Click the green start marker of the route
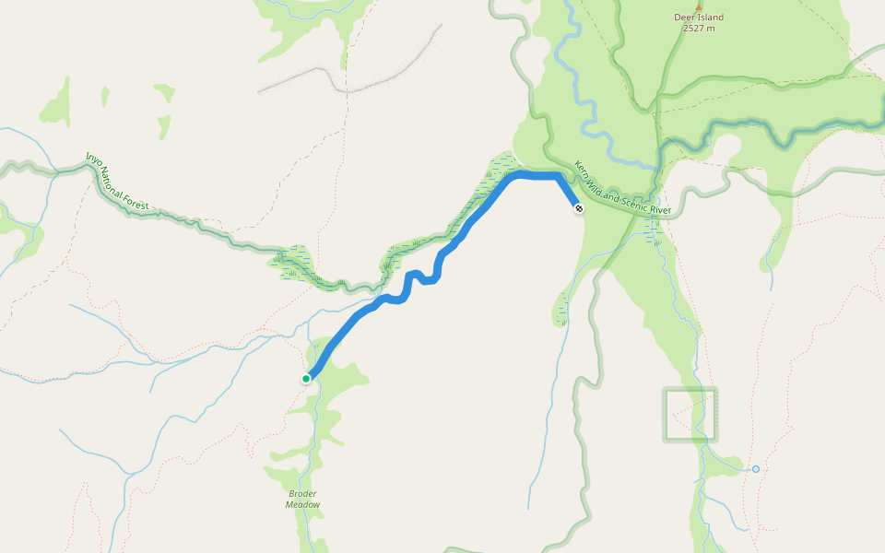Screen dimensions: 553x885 pos(306,378)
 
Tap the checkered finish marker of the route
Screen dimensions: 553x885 pos(578,209)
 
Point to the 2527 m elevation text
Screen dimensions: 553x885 pos(699,29)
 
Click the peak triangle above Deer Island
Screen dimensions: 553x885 pos(698,6)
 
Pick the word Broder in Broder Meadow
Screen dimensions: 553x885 pos(302,493)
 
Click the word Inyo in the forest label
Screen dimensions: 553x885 pos(92,159)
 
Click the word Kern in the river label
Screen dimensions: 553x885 pos(582,168)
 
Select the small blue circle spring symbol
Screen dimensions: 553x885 pos(755,469)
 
